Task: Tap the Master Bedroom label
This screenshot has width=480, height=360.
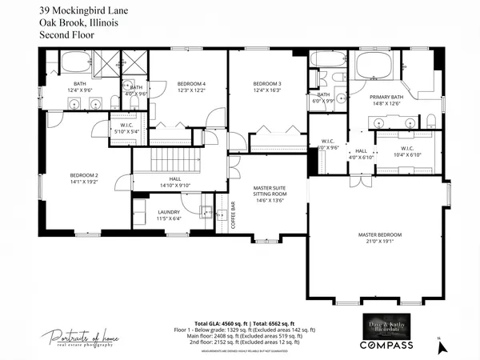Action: click(379, 234)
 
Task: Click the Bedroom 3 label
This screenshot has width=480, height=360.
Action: click(267, 84)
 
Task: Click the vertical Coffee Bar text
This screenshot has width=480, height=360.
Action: click(233, 214)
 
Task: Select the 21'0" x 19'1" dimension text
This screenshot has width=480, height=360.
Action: click(379, 242)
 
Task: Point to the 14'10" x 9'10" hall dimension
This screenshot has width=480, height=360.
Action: click(174, 186)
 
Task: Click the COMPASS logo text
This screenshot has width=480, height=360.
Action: click(386, 345)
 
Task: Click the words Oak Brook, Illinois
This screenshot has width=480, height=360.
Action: click(78, 23)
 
